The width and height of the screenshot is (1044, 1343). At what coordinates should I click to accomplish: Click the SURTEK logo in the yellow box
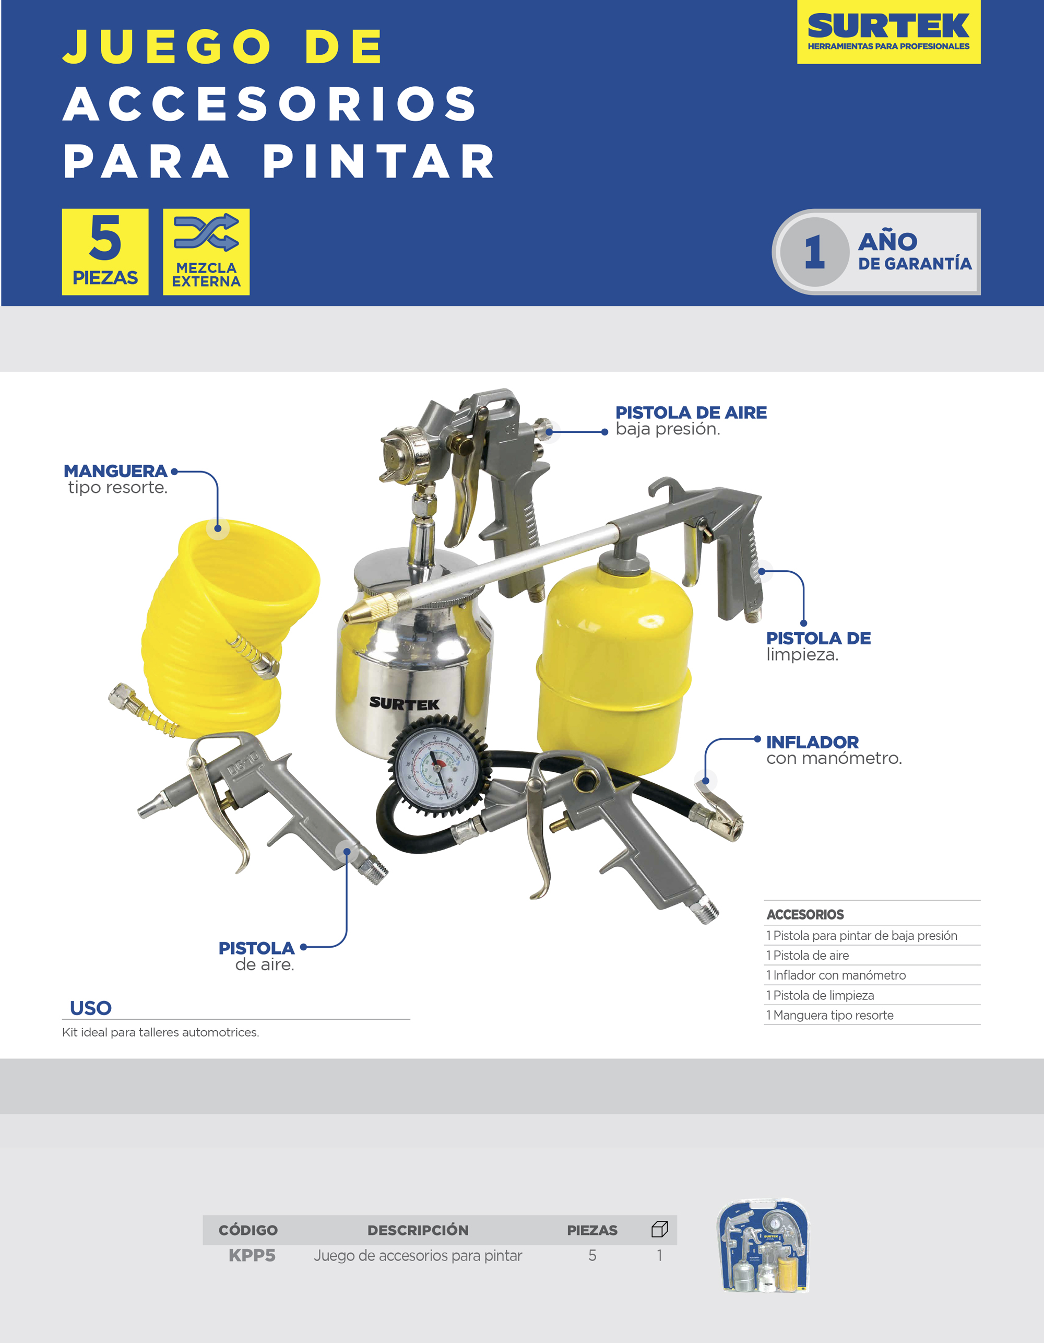coord(888,27)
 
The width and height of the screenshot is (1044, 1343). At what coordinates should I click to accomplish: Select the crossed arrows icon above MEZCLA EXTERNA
coord(206,232)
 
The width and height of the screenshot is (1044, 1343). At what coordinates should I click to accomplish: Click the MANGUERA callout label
coord(115,472)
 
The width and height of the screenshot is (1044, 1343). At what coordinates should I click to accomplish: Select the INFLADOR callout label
coord(812,742)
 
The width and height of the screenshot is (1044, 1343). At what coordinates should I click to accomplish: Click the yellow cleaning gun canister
coord(614,664)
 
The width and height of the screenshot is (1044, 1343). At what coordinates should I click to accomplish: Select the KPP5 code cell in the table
coord(252,1255)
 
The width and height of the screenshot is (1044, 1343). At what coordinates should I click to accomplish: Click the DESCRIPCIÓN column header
coord(418,1230)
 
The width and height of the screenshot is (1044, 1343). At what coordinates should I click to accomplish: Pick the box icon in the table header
coord(659,1229)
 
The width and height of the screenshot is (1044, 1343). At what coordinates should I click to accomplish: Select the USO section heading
coord(90,1008)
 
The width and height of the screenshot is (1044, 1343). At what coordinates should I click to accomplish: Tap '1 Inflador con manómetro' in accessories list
coord(836,975)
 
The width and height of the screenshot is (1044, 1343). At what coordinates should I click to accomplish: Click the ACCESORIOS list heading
coord(805,914)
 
